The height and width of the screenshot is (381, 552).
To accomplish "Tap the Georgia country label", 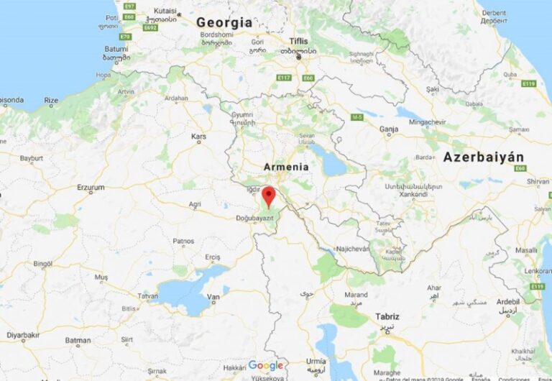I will coord(224,22).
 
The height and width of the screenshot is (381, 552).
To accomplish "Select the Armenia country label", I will coord(286,167).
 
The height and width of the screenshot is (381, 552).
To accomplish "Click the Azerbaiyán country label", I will coord(483,157).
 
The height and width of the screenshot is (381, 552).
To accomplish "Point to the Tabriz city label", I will coord(387,316).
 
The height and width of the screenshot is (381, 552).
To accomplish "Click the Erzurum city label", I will coord(91,188).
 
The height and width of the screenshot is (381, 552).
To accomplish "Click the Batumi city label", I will coord(116,48).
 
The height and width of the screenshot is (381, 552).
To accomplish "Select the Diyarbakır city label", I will coord(23,335).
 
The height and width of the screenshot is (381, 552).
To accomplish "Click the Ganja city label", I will coord(389,130).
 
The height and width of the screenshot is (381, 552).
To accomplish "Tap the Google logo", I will coord(266,365).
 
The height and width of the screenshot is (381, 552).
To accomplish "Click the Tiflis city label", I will coord(298,41).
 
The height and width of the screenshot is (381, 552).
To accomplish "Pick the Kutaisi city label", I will coord(165,11).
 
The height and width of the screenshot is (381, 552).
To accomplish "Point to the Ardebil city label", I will coord(507,302).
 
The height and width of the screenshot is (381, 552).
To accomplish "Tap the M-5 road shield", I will coord(357,116).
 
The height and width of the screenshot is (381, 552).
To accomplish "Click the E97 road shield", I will coord(129,6).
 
